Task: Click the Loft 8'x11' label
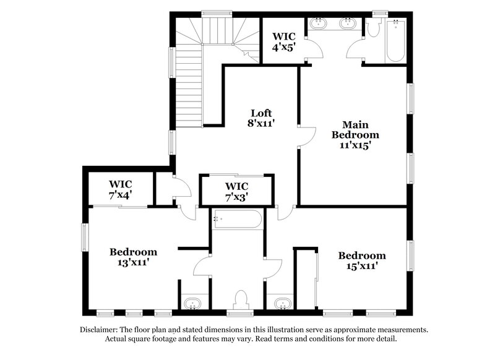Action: pos(260,118)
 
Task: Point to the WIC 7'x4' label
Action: pos(121,189)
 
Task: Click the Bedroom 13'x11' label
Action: pos(133,257)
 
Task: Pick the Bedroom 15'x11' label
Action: pos(362,260)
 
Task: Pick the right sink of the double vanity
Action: pos(347,25)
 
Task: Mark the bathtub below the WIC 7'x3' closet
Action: pos(238,219)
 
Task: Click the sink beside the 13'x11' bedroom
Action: pos(193,304)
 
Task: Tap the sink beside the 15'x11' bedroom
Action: pos(282,304)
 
